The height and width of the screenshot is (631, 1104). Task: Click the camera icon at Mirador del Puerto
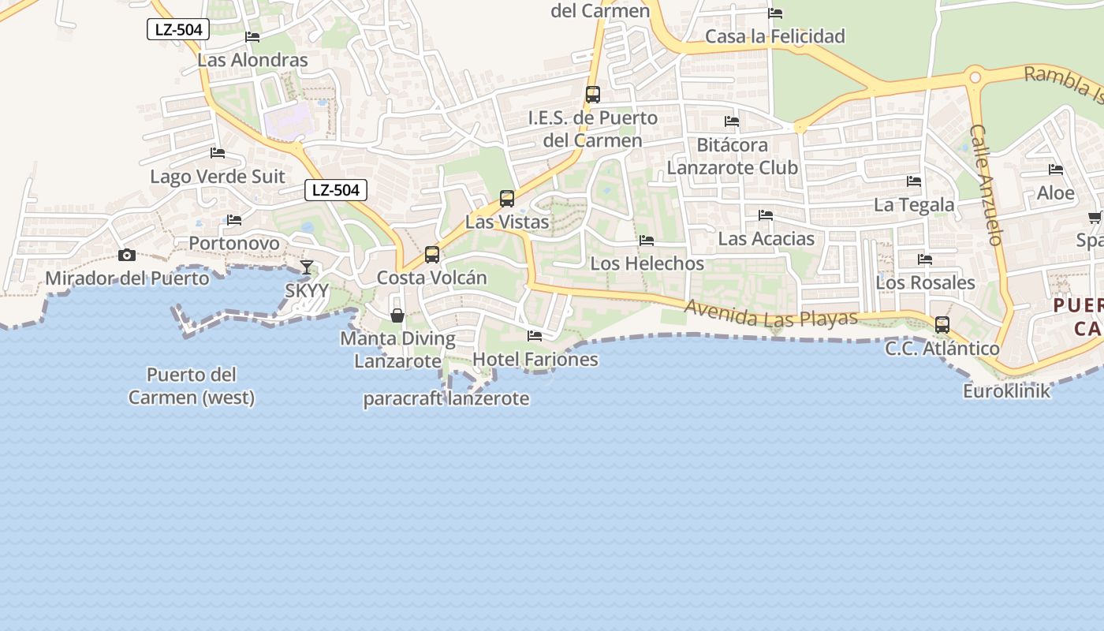[126, 255]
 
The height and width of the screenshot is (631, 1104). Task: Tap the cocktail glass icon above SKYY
[307, 267]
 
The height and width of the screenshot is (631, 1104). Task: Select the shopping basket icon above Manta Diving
[397, 315]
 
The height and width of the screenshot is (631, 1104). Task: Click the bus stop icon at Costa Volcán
[431, 255]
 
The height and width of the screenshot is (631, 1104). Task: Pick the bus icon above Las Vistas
[507, 199]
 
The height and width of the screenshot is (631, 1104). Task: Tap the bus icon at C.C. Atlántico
[942, 325]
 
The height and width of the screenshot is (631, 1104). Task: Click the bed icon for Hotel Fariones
[535, 336]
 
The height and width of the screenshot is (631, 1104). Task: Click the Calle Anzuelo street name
[985, 185]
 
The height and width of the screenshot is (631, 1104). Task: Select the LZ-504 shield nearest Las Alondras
[178, 30]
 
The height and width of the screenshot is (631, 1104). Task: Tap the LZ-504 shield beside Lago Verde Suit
[336, 189]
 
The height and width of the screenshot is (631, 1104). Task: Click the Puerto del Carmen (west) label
[192, 386]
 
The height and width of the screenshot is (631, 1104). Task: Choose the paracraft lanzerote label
[446, 398]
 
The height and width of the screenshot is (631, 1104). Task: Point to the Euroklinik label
[1007, 390]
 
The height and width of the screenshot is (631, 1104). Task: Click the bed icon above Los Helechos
[647, 241]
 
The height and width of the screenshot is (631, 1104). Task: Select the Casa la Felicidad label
[774, 36]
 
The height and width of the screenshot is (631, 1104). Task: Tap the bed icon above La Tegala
[914, 181]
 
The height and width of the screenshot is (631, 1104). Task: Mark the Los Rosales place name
[925, 282]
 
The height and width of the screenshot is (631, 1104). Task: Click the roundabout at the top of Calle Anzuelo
[975, 77]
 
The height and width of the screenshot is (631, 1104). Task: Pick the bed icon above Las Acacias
[765, 215]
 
